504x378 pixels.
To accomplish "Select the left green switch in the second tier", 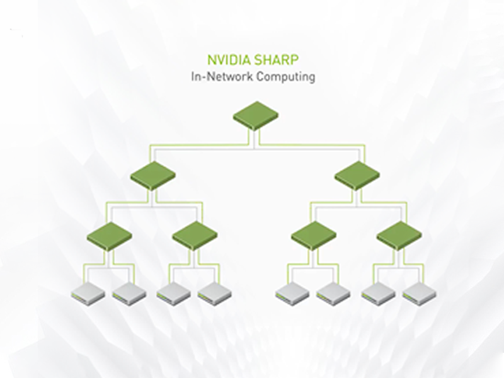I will point(153,175).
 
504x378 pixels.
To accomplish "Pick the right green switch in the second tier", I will point(357,175).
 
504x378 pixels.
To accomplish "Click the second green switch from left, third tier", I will point(195,236).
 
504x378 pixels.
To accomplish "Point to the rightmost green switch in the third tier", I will point(399,236).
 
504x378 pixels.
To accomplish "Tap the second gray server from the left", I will point(130,292).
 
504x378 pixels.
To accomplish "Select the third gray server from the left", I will point(174,292).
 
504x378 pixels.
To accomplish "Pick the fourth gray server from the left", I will point(215,292).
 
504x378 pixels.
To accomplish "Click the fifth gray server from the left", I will point(293,292).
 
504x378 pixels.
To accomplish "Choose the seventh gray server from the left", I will point(379,292).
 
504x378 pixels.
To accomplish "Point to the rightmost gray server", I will point(420,292).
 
